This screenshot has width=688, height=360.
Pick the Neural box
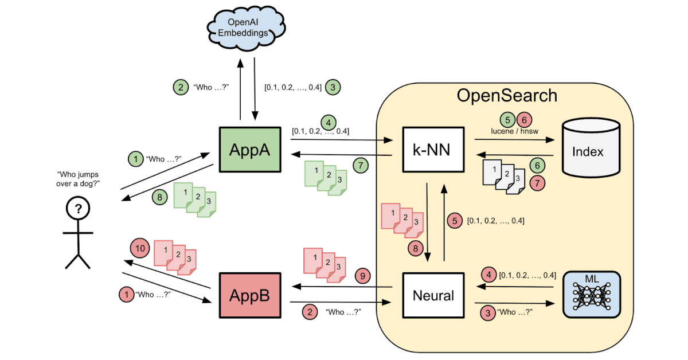(x=433, y=295)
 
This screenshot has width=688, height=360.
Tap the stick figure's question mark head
(x=77, y=210)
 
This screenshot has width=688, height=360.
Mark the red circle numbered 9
(x=362, y=275)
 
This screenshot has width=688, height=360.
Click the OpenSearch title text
(x=506, y=95)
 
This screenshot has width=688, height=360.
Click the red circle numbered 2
(x=309, y=312)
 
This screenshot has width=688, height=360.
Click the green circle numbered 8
(x=160, y=197)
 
